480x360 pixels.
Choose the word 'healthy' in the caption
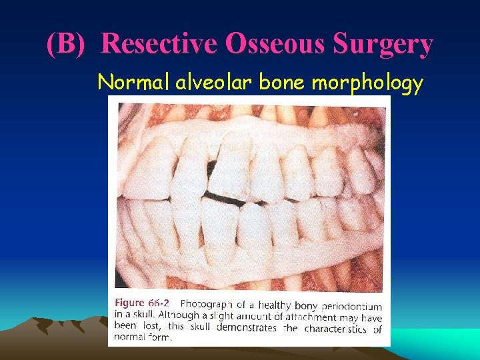pyautogui.click(x=280, y=306)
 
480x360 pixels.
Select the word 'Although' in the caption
pyautogui.click(x=155, y=317)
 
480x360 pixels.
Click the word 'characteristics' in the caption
pyautogui.click(x=335, y=328)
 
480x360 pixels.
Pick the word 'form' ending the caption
pyautogui.click(x=159, y=338)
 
